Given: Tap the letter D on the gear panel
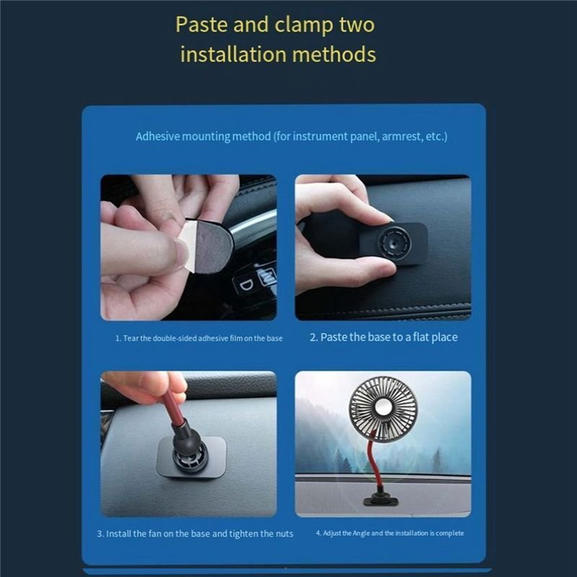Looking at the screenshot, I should [x=247, y=285].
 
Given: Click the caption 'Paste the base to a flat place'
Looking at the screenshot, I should [x=384, y=338].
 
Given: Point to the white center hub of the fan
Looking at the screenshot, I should [x=383, y=408].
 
